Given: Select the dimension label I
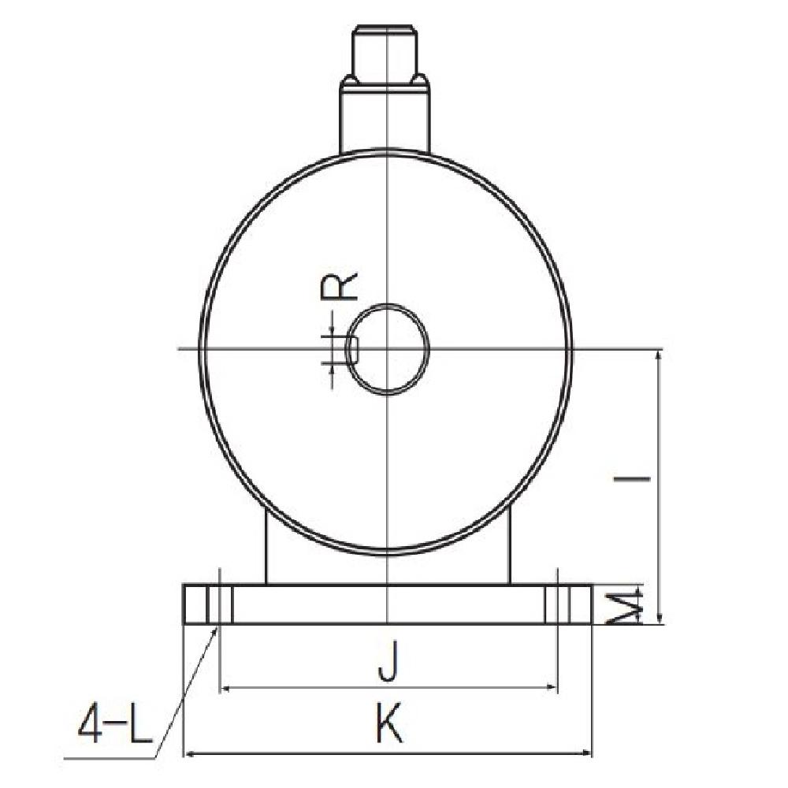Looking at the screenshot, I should click(x=642, y=478).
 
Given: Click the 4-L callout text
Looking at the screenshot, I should click(x=113, y=727).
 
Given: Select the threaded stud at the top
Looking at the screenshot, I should click(x=386, y=51).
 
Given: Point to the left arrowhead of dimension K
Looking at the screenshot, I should click(x=189, y=754).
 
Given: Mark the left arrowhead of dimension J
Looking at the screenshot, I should click(x=225, y=689).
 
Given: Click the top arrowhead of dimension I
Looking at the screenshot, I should click(x=659, y=355).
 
